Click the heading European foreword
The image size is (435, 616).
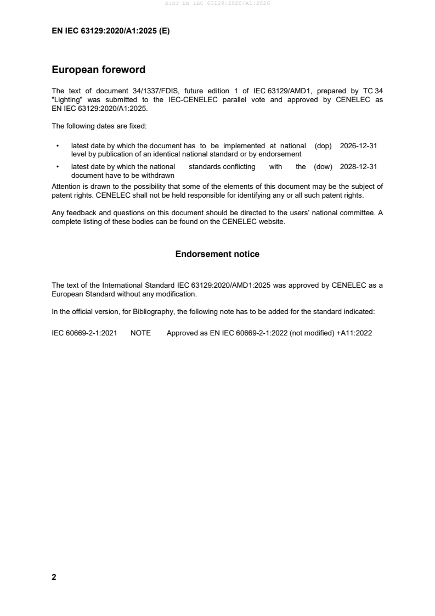point(98,70)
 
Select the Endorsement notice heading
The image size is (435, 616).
point(217,254)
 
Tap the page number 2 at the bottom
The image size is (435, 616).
point(54,577)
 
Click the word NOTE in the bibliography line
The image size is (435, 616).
point(140,333)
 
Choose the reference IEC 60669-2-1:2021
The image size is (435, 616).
point(84,333)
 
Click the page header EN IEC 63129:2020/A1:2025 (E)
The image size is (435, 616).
point(110,31)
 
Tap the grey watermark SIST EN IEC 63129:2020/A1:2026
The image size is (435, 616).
point(217,4)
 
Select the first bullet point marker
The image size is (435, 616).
point(58,147)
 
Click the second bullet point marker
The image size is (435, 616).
point(58,167)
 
